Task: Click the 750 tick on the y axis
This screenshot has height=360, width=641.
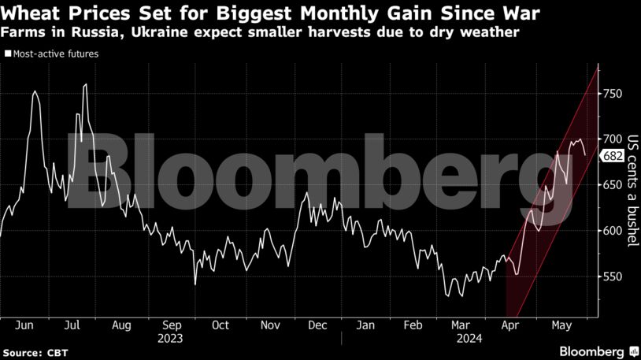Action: pos(613,94)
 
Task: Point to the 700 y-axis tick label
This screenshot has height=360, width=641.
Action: pos(613,139)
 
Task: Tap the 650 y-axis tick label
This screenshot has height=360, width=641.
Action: pos(613,185)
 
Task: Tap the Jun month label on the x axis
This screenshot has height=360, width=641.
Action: pos(24,325)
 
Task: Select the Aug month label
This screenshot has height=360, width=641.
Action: pos(122,325)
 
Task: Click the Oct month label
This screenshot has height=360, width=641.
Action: pos(220,325)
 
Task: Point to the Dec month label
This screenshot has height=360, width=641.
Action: pos(318,325)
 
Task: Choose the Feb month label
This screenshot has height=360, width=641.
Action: pos(414,325)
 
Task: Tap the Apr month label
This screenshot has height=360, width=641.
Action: pos(511,325)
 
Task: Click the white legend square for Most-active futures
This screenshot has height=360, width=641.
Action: pos(8,54)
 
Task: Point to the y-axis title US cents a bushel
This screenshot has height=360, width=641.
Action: pos(631,190)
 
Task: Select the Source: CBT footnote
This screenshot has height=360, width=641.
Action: pos(34,351)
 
